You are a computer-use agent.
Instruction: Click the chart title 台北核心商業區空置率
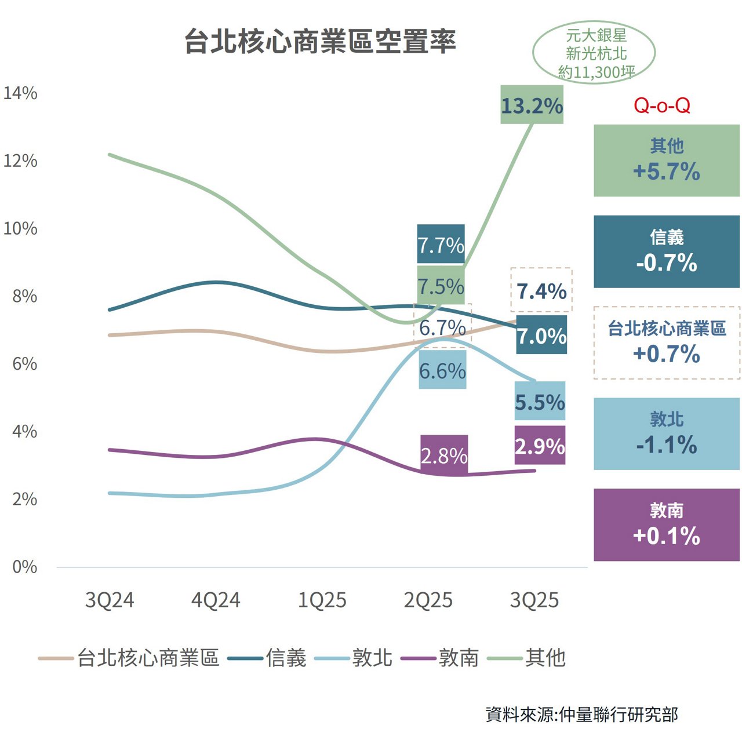click(x=320, y=42)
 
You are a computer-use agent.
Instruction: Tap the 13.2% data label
click(x=532, y=105)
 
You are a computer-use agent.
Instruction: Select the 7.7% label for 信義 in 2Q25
click(x=441, y=244)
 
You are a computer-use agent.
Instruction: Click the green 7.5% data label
click(x=441, y=286)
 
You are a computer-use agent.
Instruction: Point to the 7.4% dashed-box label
click(x=541, y=290)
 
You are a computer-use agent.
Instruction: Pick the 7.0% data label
click(x=541, y=335)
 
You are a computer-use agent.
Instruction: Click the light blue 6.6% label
click(x=442, y=370)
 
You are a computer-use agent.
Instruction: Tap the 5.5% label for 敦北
click(x=540, y=401)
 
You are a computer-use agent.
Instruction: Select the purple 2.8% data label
click(x=444, y=455)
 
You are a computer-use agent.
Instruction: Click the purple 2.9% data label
click(x=540, y=446)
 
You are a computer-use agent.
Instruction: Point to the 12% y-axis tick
click(x=20, y=161)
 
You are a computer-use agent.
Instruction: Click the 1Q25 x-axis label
click(x=322, y=600)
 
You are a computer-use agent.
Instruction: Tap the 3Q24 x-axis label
click(x=110, y=600)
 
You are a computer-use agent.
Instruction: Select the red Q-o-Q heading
click(x=662, y=105)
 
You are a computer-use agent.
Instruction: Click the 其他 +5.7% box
click(x=667, y=161)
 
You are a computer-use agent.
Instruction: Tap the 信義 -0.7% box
click(x=667, y=252)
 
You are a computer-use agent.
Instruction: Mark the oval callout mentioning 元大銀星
click(x=594, y=53)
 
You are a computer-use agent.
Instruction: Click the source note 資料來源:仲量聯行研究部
click(x=582, y=714)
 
